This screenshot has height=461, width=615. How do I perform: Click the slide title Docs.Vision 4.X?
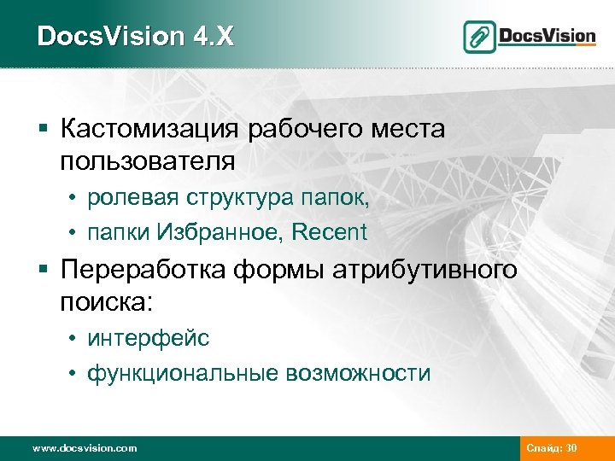pyautogui.click(x=135, y=36)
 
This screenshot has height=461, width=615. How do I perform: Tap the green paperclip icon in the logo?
pyautogui.click(x=480, y=37)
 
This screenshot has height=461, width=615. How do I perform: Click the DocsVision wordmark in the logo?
pyautogui.click(x=547, y=36)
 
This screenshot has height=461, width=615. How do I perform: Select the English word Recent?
pyautogui.click(x=330, y=231)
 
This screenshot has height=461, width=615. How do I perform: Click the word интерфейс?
pyautogui.click(x=148, y=339)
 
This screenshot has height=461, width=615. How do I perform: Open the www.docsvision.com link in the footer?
pyautogui.click(x=84, y=447)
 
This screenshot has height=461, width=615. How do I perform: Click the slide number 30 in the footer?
pyautogui.click(x=571, y=447)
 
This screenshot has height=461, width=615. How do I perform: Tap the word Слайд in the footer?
pyautogui.click(x=543, y=447)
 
